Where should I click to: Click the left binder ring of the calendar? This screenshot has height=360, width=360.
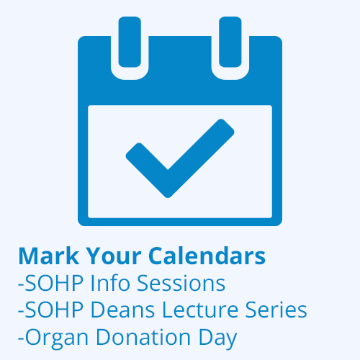click(x=130, y=42)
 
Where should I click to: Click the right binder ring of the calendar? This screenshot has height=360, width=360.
click(x=230, y=42)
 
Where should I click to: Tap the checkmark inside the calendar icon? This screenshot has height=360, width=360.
click(x=180, y=158)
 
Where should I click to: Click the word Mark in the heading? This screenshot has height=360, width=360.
click(x=49, y=256)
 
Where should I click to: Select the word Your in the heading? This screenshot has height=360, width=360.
click(x=114, y=256)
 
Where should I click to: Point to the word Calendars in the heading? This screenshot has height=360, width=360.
click(x=207, y=256)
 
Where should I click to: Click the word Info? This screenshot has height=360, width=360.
click(x=110, y=283)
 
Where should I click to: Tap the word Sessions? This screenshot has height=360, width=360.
click(x=181, y=284)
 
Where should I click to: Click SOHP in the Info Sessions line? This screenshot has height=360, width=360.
click(x=54, y=283)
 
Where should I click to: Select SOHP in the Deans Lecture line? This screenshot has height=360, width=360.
click(x=54, y=310)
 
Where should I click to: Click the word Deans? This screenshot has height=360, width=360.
click(x=122, y=310)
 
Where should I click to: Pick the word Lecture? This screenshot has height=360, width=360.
click(x=200, y=310)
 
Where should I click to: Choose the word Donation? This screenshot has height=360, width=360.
click(x=143, y=337)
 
